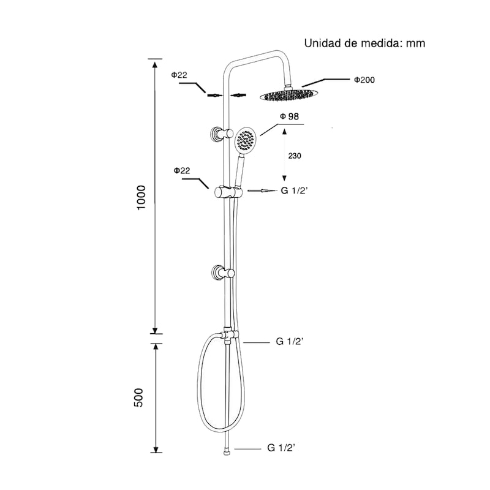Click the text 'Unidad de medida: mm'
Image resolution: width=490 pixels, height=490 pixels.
point(364,43)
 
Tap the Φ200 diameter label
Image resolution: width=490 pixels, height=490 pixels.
point(364,80)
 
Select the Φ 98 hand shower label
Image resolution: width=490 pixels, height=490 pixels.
point(289,116)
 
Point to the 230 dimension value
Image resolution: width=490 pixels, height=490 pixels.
point(295,156)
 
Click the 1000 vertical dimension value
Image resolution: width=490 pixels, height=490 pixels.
point(141,197)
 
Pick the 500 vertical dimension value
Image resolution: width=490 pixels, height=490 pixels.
point(138,398)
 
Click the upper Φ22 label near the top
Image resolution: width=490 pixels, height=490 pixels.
point(179,75)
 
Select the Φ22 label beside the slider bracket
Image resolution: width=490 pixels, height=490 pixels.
point(182,171)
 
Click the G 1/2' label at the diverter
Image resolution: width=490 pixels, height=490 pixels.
point(290,341)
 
